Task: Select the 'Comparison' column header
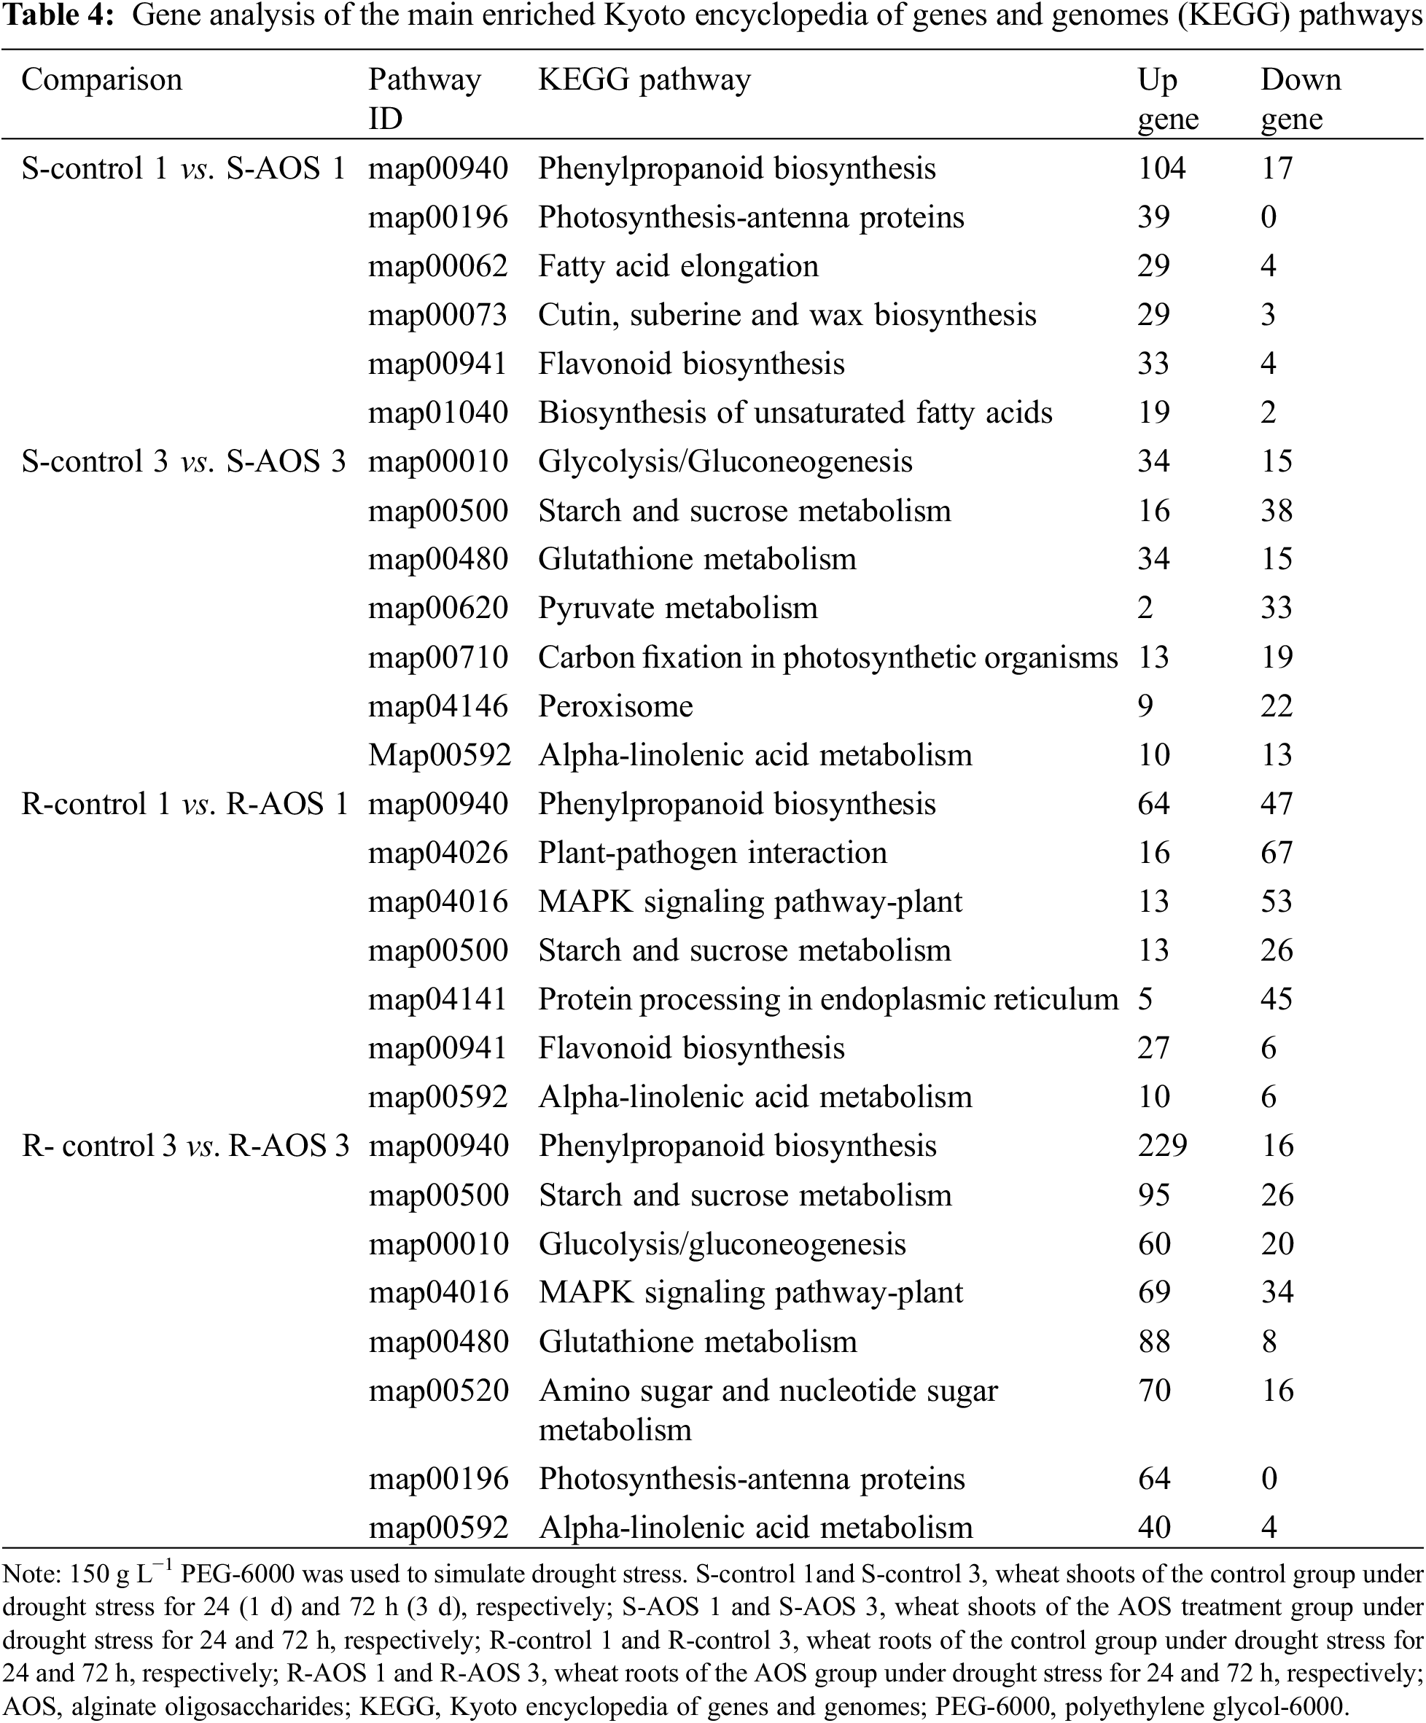(x=102, y=79)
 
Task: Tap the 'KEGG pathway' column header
(x=644, y=79)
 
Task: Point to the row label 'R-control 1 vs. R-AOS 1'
(x=184, y=804)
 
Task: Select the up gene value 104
(x=1161, y=168)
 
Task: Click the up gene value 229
(x=1162, y=1145)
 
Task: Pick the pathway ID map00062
(x=437, y=266)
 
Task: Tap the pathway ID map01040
(x=437, y=413)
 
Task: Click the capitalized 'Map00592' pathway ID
(x=439, y=755)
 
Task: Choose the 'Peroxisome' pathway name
(x=615, y=706)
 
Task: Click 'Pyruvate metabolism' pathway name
(x=678, y=608)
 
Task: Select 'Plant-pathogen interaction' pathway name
(x=712, y=853)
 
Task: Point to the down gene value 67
(x=1277, y=853)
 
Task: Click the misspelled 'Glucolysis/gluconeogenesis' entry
(x=722, y=1244)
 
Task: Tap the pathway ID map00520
(x=439, y=1391)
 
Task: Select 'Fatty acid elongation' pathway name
(x=678, y=266)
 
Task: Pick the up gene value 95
(x=1153, y=1195)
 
